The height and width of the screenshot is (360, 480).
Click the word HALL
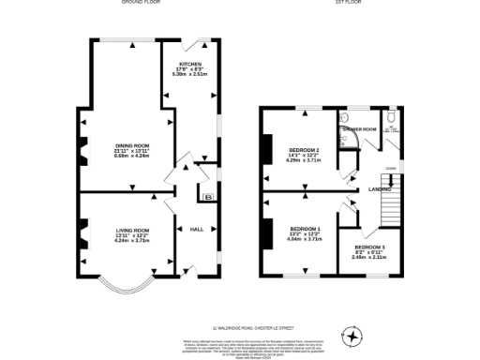click(197, 229)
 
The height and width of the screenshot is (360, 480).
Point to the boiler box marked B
click(208, 196)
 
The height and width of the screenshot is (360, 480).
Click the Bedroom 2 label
click(305, 151)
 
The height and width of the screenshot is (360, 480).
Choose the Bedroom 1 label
click(305, 229)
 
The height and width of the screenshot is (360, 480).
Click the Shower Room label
click(360, 128)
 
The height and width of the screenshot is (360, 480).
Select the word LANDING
click(380, 190)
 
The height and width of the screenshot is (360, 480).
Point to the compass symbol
click(353, 334)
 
